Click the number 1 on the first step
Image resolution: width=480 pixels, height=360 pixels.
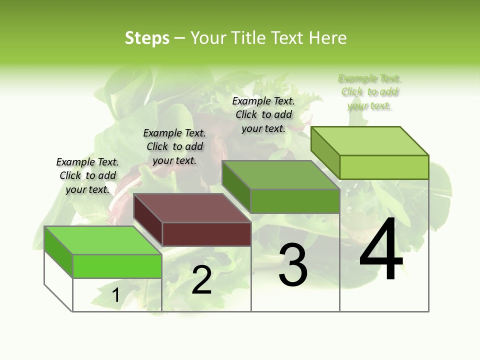pos(116,295)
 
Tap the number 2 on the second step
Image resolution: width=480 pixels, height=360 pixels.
pos(201,280)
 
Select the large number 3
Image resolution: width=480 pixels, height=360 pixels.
pos(293,265)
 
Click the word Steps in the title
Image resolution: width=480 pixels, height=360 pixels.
pos(147,38)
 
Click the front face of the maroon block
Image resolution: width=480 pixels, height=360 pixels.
pos(206,234)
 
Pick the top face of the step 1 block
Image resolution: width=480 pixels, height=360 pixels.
pos(103,240)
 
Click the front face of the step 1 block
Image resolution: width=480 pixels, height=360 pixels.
pos(117,266)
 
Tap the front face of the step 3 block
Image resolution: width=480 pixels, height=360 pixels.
pos(295,201)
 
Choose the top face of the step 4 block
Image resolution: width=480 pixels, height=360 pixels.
pos(370,141)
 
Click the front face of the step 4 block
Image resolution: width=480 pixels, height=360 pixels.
pos(384,167)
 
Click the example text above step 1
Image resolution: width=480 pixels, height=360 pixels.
pos(87,176)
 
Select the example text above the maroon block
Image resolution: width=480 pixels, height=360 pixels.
pos(174,147)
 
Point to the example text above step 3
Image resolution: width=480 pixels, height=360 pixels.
pos(263,115)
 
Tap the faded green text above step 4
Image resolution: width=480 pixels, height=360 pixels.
pos(369,92)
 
